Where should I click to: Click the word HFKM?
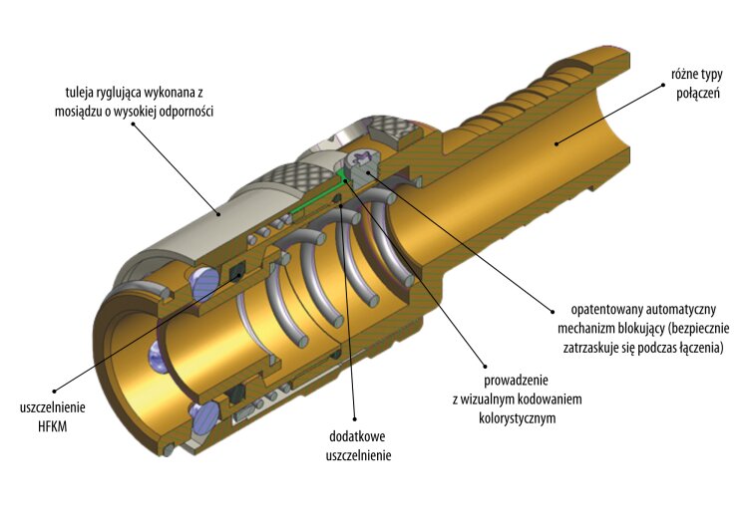tap(53, 425)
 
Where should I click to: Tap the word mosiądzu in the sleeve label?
tap(77, 111)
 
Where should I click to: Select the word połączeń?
tap(698, 94)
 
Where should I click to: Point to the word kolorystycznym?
tap(517, 418)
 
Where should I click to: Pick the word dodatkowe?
tap(357, 436)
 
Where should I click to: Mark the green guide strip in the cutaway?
tap(317, 194)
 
